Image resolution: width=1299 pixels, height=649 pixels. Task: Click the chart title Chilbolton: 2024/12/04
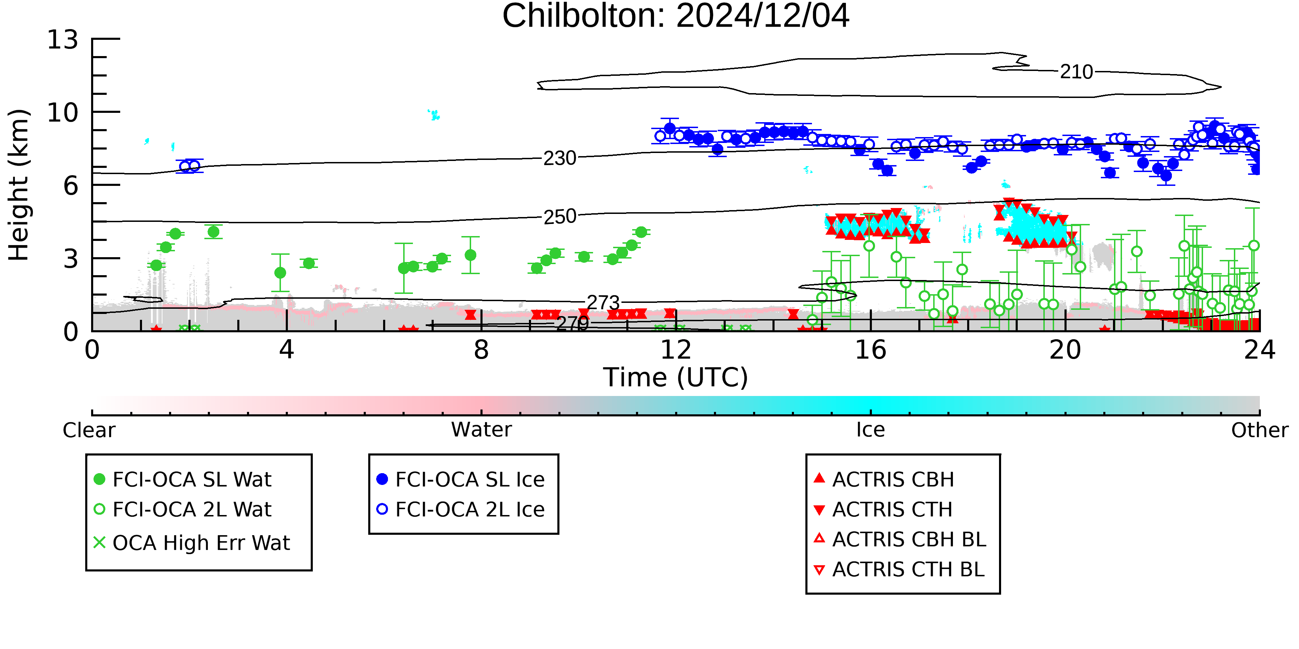[x=676, y=16]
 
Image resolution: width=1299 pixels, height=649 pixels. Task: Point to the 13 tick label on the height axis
[x=63, y=40]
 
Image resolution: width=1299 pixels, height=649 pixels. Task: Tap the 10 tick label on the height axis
[x=63, y=113]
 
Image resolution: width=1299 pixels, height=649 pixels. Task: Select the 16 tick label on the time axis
[x=871, y=350]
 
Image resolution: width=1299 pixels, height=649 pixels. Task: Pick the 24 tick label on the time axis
[x=1260, y=350]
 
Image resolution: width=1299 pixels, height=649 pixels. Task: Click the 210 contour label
[x=1076, y=72]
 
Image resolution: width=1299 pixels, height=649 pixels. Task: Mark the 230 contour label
[x=560, y=158]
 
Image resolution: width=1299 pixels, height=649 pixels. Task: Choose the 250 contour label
[x=560, y=217]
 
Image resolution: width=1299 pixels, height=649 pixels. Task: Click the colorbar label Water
[x=481, y=430]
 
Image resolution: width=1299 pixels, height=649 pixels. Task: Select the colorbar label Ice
[x=871, y=430]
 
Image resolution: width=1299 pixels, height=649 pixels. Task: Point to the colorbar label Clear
[x=89, y=430]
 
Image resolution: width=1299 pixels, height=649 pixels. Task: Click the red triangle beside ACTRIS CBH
[x=820, y=478]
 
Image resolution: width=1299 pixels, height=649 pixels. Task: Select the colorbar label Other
[x=1260, y=430]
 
